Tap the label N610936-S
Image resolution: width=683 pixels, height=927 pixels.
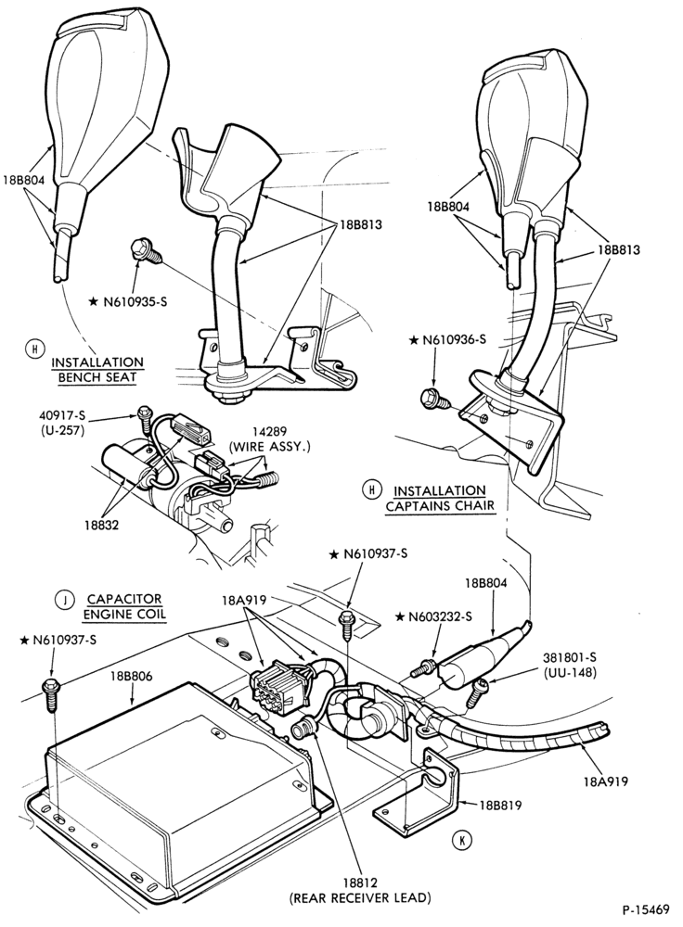coord(453,340)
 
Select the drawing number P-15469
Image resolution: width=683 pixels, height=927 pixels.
coord(645,908)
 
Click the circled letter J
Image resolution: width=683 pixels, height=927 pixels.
coord(62,601)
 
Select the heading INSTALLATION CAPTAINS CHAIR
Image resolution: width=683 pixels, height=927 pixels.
coord(440,499)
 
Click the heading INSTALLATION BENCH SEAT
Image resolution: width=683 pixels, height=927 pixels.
coord(97,370)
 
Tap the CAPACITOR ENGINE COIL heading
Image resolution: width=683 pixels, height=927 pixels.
coord(124,606)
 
